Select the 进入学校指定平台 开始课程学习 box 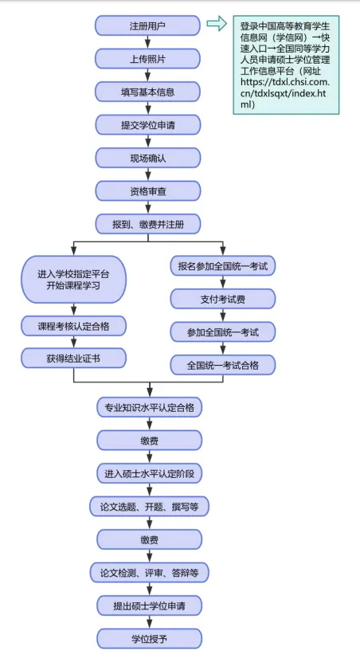74,279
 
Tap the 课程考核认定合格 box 74,326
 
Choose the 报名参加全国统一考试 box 223,265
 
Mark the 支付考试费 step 223,298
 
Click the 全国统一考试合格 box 223,364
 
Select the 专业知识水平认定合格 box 149,407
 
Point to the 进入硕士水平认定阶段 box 149,472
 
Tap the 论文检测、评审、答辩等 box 149,572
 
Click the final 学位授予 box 149,637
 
